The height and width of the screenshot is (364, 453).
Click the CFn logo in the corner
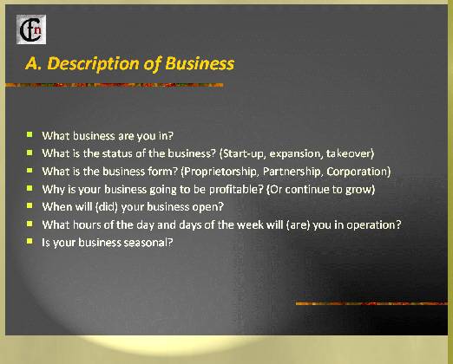pos(31,29)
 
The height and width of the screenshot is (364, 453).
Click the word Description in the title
pos(93,64)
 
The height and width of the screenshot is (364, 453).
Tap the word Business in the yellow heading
pos(200,63)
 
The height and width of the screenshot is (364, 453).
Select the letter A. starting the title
pos(33,63)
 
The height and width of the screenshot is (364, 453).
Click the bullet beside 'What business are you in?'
pos(30,134)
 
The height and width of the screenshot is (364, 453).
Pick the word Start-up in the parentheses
pos(242,153)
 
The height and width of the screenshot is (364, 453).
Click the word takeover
pos(350,153)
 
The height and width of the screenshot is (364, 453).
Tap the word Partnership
pos(292,172)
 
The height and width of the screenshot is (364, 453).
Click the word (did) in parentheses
pos(107,207)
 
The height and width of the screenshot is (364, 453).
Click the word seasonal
pos(148,243)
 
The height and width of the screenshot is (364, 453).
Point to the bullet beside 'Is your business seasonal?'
pos(30,241)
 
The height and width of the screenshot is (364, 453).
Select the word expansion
pos(296,153)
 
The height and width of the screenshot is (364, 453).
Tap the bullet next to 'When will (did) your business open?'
pos(30,205)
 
